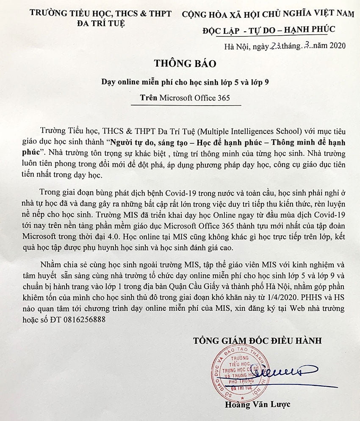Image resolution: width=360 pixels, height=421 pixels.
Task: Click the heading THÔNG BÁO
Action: tap(185, 64)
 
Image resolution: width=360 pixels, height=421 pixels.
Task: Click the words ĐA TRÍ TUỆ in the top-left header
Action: tap(102, 23)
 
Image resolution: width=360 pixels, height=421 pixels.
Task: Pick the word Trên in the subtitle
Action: tap(149, 98)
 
